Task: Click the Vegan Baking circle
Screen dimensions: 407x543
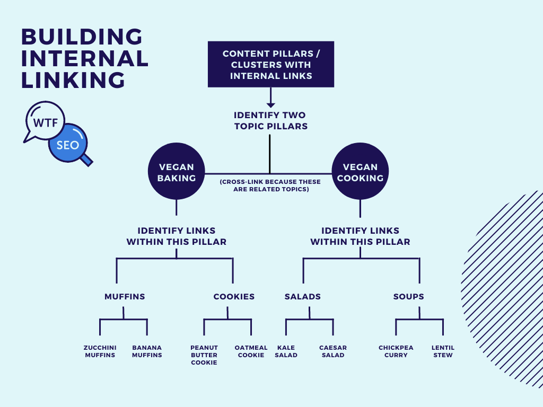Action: click(176, 173)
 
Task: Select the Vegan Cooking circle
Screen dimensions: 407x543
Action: click(360, 173)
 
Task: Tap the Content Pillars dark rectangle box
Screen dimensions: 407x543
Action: click(270, 64)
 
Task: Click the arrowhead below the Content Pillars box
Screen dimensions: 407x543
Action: click(270, 104)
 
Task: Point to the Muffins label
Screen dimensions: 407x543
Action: click(125, 297)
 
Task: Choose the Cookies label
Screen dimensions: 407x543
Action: click(234, 297)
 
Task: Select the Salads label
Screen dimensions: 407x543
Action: click(303, 297)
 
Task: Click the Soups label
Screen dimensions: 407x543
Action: click(408, 297)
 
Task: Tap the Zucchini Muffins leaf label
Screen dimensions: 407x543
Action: click(100, 351)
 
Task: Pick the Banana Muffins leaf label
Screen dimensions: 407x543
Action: click(147, 351)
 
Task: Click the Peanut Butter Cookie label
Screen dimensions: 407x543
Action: click(204, 355)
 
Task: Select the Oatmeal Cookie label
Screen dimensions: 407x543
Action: click(251, 351)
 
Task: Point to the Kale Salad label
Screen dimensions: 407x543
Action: click(286, 351)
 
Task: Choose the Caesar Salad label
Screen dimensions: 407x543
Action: click(333, 351)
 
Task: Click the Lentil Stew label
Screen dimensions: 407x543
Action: click(443, 351)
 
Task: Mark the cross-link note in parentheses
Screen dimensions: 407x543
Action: click(270, 185)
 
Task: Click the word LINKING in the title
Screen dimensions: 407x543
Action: click(73, 80)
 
